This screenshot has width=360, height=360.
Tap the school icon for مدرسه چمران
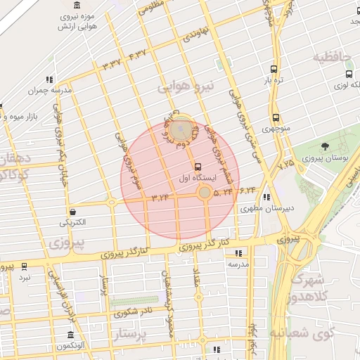click(x=49, y=79)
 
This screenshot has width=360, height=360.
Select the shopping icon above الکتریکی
click(x=72, y=211)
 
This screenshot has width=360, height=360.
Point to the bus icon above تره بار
click(x=274, y=70)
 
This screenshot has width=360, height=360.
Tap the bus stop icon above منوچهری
click(x=275, y=118)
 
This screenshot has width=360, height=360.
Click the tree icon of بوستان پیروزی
click(x=325, y=146)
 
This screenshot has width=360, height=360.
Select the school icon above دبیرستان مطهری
click(x=266, y=198)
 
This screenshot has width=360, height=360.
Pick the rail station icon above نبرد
click(x=25, y=266)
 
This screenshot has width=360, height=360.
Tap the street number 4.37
click(x=138, y=53)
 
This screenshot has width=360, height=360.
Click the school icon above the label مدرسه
click(x=238, y=253)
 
